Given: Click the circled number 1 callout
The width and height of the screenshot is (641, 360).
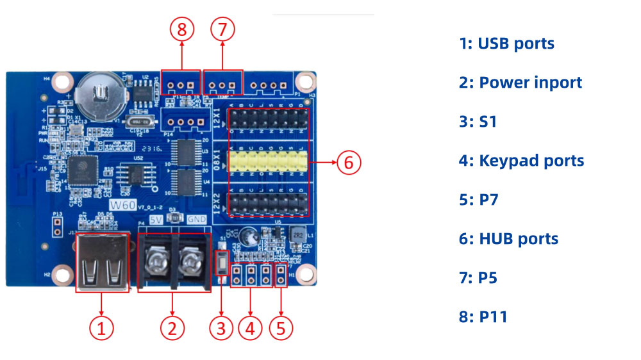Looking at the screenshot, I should click(x=101, y=329).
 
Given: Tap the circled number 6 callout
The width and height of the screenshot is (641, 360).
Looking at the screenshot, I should click(x=348, y=163).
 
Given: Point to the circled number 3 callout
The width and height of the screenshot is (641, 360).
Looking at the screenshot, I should click(x=221, y=329).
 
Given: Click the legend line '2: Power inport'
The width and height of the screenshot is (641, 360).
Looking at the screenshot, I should click(x=520, y=83).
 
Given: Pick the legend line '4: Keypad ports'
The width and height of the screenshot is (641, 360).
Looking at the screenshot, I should click(x=521, y=161).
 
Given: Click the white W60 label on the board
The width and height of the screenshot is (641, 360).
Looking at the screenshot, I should click(x=122, y=204).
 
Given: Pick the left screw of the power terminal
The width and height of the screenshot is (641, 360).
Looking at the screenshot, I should click(x=157, y=260).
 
